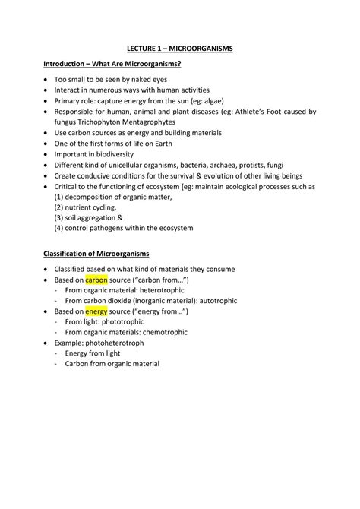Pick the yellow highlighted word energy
[96, 311]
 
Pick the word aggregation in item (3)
[107, 217]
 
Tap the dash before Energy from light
[58, 353]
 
